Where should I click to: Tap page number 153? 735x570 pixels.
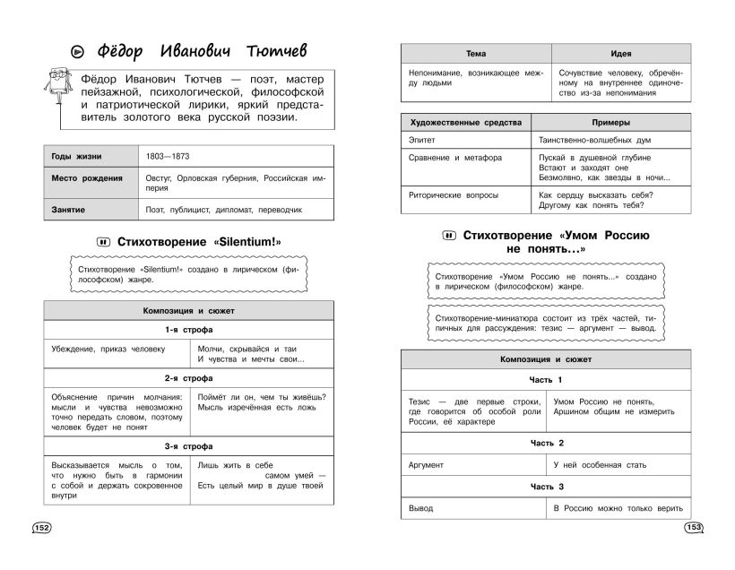point(692,527)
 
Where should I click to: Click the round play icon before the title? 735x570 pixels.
point(56,49)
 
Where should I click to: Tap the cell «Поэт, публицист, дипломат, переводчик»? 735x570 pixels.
point(224,209)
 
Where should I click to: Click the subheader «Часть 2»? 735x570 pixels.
point(547,443)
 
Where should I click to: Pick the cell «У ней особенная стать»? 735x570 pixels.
point(594,465)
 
